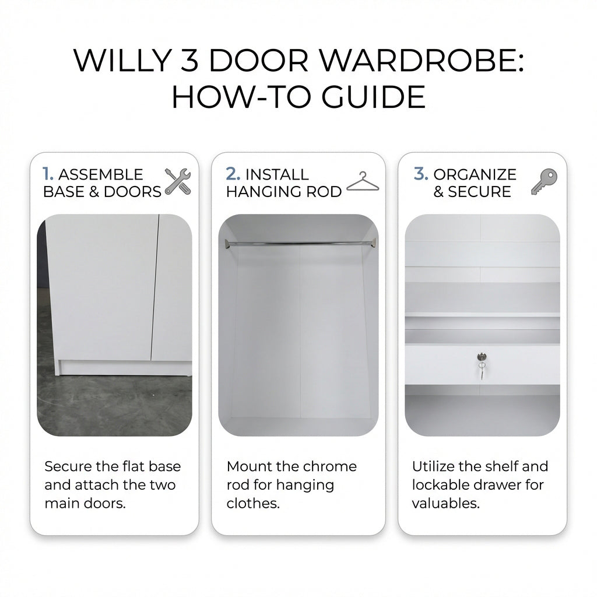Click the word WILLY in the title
click(122, 60)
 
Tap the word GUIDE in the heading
click(374, 97)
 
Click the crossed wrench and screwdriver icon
click(178, 182)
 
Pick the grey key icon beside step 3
click(544, 182)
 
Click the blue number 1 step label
click(48, 174)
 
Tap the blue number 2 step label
click(233, 174)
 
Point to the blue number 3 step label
click(421, 174)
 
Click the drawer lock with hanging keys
click(482, 365)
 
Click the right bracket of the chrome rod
click(373, 243)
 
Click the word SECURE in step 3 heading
click(479, 191)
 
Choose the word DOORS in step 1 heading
click(132, 191)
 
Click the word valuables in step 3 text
click(446, 503)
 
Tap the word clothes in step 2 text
click(253, 503)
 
